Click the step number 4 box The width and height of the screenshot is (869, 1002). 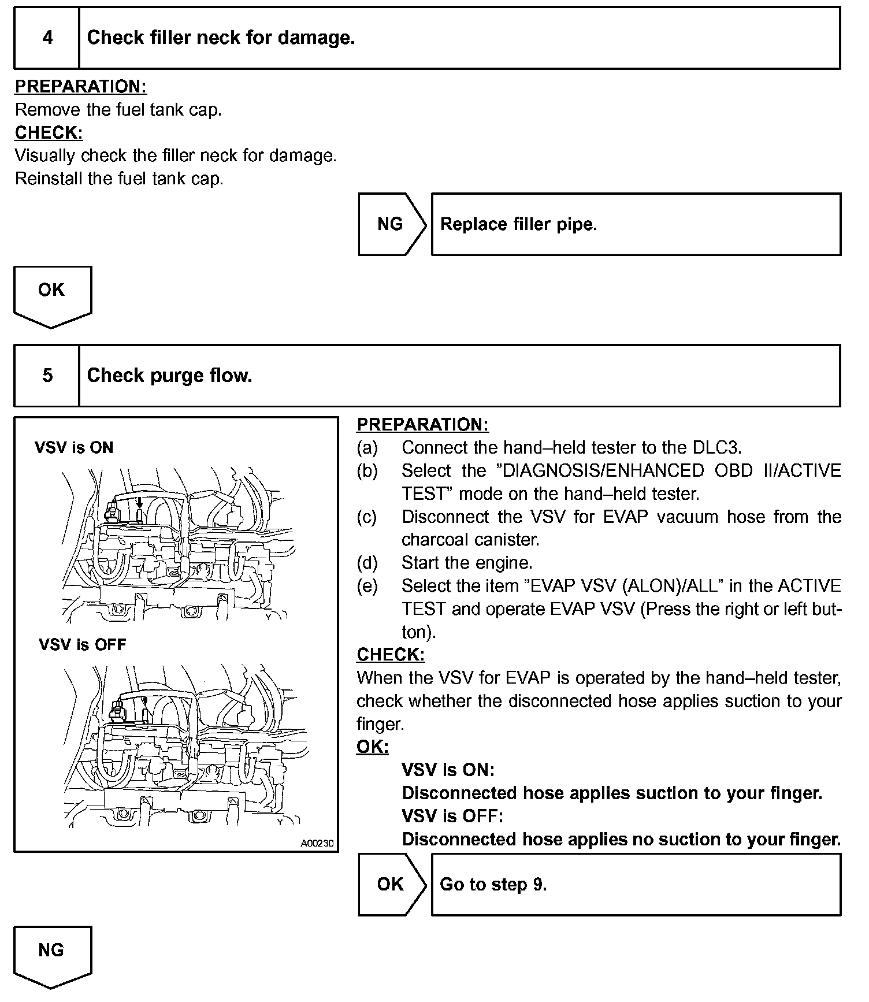coord(47,38)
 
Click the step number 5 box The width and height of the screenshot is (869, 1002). coord(47,376)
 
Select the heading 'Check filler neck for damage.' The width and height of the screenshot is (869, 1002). coord(221,38)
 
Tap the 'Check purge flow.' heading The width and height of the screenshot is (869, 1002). coord(169,376)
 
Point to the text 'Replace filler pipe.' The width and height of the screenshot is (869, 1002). coord(518,224)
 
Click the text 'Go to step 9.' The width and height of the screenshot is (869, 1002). coord(493,885)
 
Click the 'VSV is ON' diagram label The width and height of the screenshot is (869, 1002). coord(74,448)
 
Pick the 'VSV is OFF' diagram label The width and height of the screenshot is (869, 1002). coord(83,645)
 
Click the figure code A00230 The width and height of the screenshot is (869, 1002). coord(317,843)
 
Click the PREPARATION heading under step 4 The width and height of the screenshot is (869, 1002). coord(81,87)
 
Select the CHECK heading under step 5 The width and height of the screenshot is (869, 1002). coord(391,655)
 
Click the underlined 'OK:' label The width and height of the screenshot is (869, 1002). coord(373,747)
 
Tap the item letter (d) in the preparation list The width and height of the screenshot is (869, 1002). coord(367,563)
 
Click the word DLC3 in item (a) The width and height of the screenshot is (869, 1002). coord(716,448)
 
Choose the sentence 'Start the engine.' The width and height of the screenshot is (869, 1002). coord(467,563)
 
